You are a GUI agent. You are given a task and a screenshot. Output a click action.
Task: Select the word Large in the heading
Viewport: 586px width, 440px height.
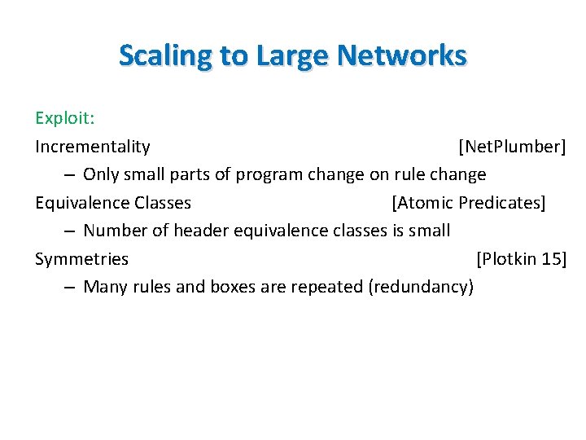pyautogui.click(x=291, y=55)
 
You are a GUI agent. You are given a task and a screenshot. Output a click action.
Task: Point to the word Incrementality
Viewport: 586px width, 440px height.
pyautogui.click(x=93, y=147)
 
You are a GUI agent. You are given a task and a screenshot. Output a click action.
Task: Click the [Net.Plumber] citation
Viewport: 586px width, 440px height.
pyautogui.click(x=512, y=147)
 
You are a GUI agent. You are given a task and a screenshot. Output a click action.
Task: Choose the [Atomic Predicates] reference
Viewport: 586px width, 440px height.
pyautogui.click(x=468, y=203)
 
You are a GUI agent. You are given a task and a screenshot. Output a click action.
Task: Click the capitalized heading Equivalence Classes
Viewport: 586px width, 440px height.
pyautogui.click(x=113, y=203)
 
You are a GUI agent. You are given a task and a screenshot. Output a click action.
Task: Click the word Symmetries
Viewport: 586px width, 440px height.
pyautogui.click(x=81, y=259)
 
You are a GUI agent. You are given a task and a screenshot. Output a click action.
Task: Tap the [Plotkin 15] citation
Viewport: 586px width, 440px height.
pyautogui.click(x=521, y=259)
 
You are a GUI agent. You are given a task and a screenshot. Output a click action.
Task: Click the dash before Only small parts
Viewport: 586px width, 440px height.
pyautogui.click(x=68, y=175)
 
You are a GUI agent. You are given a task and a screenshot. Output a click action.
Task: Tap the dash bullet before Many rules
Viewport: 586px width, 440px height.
pyautogui.click(x=68, y=288)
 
